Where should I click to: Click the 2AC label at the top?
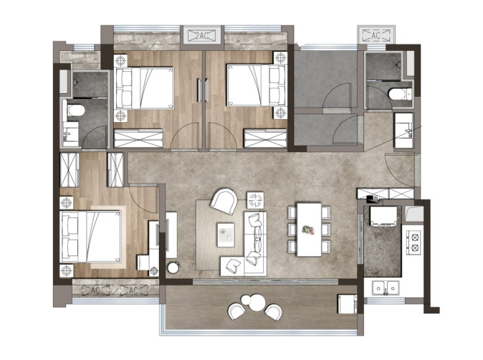click(x=202, y=36)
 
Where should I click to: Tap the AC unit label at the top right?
click(x=376, y=35)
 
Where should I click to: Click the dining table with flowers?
click(x=309, y=229)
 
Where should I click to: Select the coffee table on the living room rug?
click(x=226, y=235)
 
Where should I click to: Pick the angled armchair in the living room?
click(x=224, y=202)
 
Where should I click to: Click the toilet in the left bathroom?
click(x=75, y=110)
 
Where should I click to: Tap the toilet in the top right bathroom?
click(x=400, y=94)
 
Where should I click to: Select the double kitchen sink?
click(x=386, y=288)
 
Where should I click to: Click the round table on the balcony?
click(x=257, y=303)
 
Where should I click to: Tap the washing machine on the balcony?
click(x=347, y=304)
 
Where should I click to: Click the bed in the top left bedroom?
click(x=144, y=88)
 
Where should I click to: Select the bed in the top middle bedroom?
click(x=257, y=85)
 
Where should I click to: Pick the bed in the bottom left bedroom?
click(x=90, y=237)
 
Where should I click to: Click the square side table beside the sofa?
click(x=255, y=201)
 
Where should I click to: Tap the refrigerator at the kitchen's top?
click(x=383, y=217)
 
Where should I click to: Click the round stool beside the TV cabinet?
click(x=173, y=267)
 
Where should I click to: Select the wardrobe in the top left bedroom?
click(x=138, y=138)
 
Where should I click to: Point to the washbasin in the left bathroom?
click(x=71, y=134)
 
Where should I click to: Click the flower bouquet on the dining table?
click(x=308, y=230)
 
